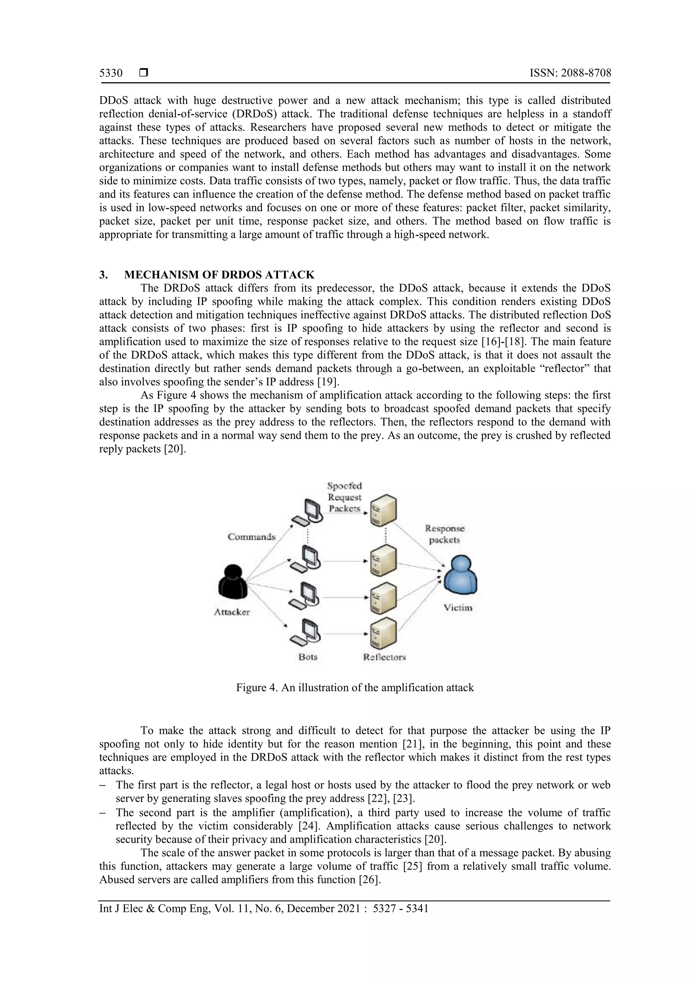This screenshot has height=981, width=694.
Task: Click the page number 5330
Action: point(111,73)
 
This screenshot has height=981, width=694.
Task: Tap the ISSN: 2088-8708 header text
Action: point(570,73)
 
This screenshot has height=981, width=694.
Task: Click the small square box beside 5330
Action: point(144,73)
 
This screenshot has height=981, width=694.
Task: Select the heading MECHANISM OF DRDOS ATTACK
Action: point(219,274)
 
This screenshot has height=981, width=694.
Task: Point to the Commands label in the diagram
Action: point(251,537)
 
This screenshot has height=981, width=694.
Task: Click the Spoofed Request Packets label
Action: point(344,497)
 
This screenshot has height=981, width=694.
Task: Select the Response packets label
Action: point(445,534)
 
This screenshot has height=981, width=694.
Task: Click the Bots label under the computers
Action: point(308,657)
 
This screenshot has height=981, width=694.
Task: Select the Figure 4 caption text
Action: point(355,687)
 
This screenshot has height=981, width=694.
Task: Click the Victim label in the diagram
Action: point(458,607)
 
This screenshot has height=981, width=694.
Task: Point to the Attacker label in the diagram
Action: point(232,612)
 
